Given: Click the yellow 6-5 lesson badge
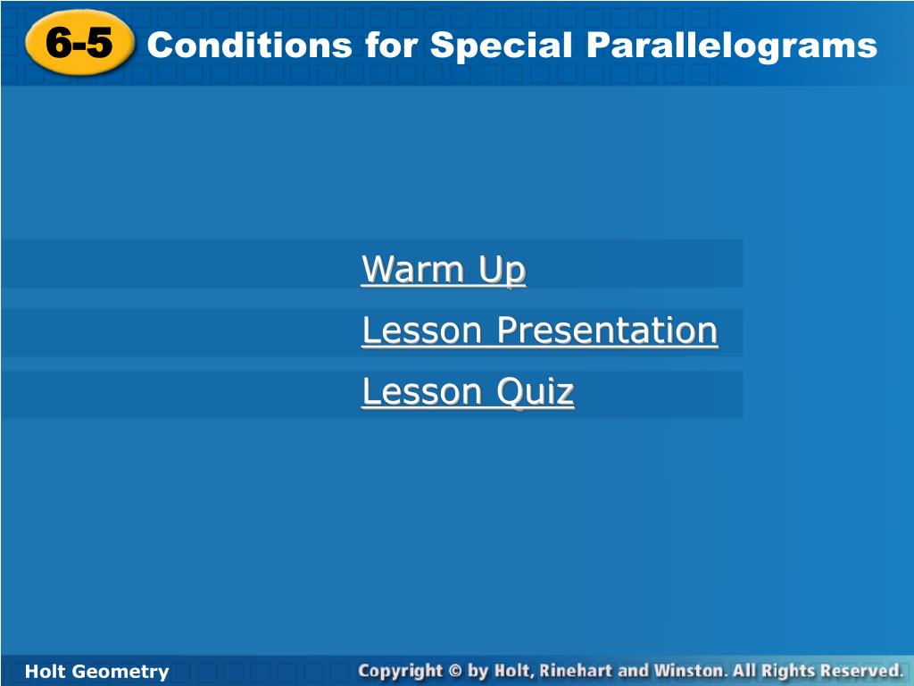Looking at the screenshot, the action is (79, 43).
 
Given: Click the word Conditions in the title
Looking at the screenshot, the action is (250, 45).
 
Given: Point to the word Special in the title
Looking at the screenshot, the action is (502, 46).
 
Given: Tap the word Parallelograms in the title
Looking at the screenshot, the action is (732, 46).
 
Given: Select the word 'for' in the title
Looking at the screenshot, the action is (391, 45).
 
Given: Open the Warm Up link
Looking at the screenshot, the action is (444, 270).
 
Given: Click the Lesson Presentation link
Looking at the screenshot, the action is (540, 330).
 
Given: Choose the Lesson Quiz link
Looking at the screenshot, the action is (468, 391).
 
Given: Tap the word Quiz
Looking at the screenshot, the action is (536, 391).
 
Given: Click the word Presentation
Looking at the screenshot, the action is (607, 330).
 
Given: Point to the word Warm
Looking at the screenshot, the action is (412, 269).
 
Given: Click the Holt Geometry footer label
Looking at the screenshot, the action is (96, 672).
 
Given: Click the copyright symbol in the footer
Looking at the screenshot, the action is (455, 671).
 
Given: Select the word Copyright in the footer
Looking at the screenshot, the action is (401, 672).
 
